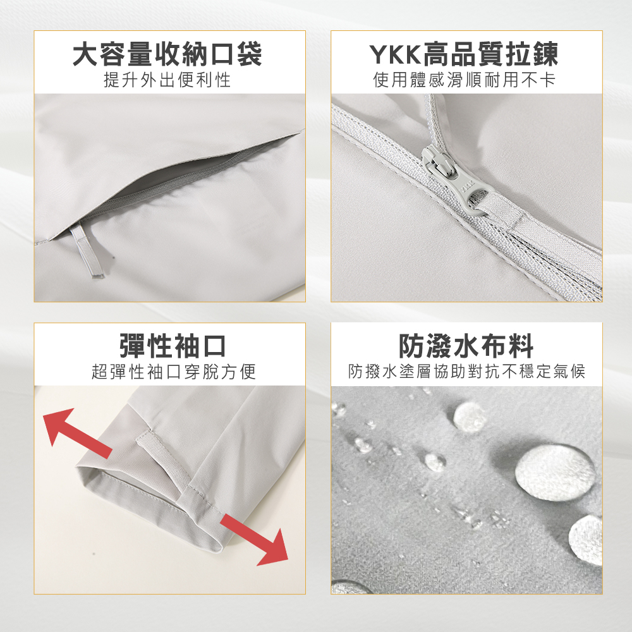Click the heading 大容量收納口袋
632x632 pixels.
[167, 54]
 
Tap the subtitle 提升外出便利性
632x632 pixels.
[167, 80]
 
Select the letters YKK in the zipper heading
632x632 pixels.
[395, 54]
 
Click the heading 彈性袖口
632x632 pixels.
[173, 346]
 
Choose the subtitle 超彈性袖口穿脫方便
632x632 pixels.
[174, 372]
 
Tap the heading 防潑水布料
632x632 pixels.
[466, 346]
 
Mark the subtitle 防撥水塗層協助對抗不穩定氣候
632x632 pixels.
[467, 372]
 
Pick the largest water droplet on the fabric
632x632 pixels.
[556, 472]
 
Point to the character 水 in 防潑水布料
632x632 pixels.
[466, 346]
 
